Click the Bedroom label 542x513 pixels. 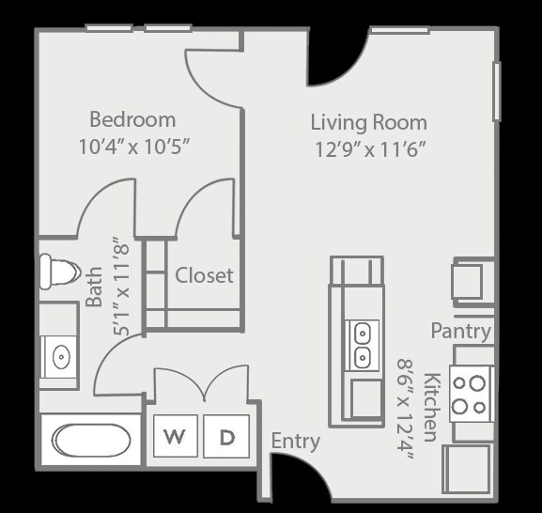[132, 119]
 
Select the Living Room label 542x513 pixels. [368, 122]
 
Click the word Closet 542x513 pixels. [204, 275]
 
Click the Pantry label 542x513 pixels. [460, 331]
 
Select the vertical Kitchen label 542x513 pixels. [429, 407]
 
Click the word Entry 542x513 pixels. [295, 441]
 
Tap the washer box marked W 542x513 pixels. [174, 437]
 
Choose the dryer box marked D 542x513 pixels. [226, 437]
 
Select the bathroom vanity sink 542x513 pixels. [60, 357]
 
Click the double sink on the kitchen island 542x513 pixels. [361, 345]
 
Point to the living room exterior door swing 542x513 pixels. [336, 58]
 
